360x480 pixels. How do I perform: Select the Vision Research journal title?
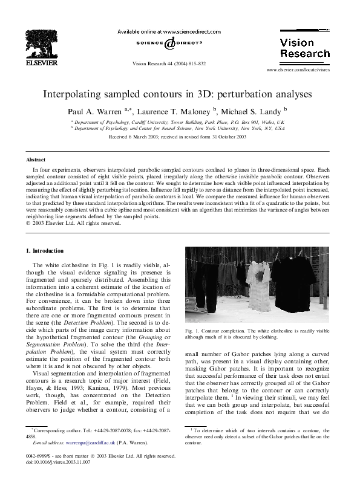(x=296, y=47)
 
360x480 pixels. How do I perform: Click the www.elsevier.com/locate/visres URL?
(x=296, y=70)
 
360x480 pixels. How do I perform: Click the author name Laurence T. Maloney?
(x=174, y=111)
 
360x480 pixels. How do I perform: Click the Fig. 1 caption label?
(x=193, y=331)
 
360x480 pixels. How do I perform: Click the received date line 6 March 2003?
(x=177, y=137)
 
